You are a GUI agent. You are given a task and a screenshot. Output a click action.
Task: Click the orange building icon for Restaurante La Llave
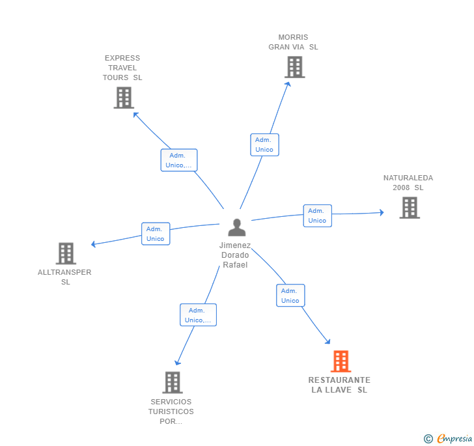[341, 361]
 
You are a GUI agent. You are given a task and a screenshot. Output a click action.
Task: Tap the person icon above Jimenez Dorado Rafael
[237, 228]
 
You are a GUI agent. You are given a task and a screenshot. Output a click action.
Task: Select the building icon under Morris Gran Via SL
[294, 67]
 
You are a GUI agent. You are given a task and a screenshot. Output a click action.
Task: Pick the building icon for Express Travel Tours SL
[123, 98]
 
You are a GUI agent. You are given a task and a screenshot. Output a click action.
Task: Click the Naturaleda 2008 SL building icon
[409, 208]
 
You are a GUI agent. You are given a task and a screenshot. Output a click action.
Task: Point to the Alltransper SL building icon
[66, 253]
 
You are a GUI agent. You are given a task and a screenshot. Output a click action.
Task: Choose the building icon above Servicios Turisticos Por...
[173, 382]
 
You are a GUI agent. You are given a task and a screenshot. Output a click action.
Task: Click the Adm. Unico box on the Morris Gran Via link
[264, 145]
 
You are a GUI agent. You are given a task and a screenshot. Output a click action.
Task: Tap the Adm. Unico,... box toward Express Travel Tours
[179, 160]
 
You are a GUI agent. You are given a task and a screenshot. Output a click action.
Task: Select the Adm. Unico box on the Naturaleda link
[317, 216]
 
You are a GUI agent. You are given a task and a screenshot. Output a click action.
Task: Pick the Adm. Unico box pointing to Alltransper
[156, 234]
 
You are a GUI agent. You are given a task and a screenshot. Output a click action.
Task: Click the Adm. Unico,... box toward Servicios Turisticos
[198, 315]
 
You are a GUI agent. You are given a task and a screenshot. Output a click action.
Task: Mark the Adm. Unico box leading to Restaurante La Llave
[290, 296]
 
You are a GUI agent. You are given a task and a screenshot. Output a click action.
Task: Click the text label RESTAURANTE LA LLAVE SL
[339, 385]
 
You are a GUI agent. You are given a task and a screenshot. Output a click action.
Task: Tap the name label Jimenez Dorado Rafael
[235, 255]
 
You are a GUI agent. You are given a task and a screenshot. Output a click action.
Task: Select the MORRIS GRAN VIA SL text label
[293, 42]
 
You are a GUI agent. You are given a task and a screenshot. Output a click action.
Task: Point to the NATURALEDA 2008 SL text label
[408, 183]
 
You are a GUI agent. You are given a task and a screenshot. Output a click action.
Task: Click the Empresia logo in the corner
[449, 439]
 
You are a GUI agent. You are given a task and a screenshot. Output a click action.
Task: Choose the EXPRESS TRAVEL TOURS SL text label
[122, 68]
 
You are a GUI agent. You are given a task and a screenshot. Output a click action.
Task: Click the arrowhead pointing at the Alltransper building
[94, 244]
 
